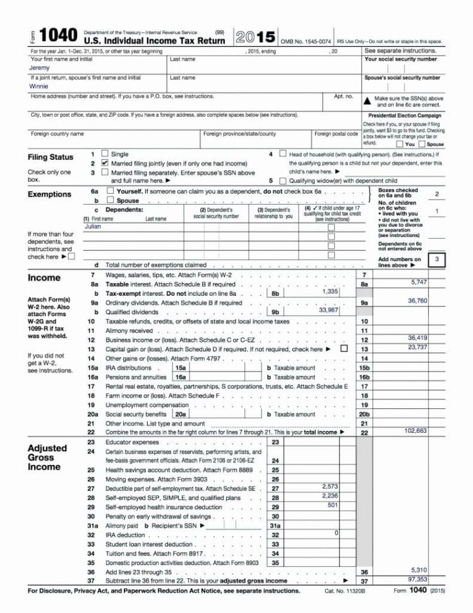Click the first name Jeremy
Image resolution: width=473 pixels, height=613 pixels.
point(40,68)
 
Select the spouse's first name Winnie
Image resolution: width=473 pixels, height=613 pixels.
point(39,87)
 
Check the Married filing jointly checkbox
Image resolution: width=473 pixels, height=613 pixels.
point(105,163)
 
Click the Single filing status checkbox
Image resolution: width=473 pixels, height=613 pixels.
point(105,154)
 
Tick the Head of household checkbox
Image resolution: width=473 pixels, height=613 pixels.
point(282,154)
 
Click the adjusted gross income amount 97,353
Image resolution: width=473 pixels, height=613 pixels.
point(419,579)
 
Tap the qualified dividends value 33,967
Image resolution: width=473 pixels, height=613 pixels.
point(328,310)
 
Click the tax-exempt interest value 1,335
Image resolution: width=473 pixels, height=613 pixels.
point(330,291)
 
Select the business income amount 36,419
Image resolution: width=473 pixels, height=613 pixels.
point(417,337)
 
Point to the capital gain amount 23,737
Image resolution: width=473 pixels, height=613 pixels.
point(417,346)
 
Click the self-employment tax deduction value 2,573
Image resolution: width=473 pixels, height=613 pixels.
point(330,486)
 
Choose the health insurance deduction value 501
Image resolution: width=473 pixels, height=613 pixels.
point(333,505)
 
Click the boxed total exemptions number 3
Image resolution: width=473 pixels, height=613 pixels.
point(436,258)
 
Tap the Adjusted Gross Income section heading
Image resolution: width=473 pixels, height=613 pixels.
point(47,458)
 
